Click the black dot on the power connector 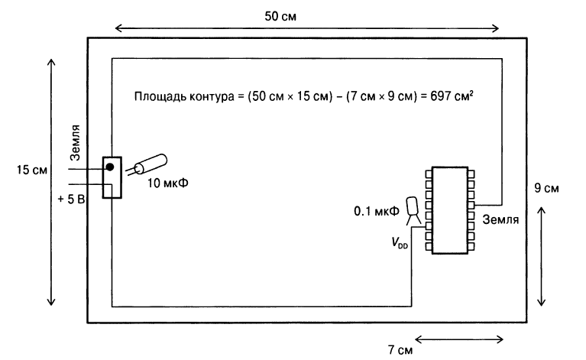click(110, 167)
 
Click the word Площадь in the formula click(157, 97)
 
